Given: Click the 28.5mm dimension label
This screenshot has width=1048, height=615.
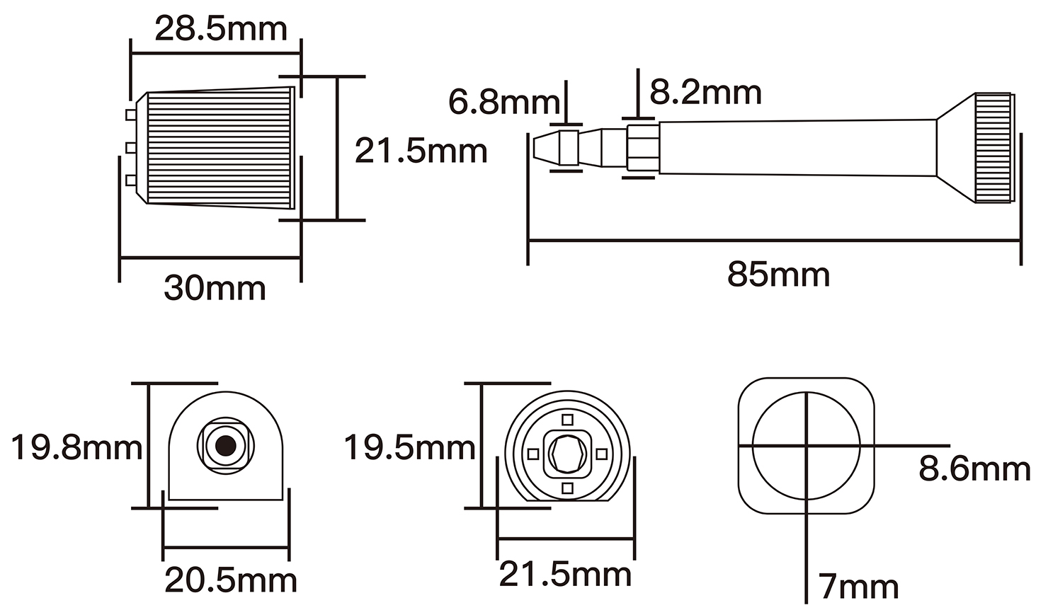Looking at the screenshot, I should (221, 30).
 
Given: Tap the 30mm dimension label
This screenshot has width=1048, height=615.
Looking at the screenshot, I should (215, 288).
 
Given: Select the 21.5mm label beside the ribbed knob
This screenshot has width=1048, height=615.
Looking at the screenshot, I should (421, 151).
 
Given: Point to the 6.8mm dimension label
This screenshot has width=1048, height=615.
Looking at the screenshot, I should (504, 103).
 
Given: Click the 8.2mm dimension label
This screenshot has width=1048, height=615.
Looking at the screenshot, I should (706, 93).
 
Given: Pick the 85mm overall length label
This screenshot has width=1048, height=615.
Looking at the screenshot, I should (778, 275).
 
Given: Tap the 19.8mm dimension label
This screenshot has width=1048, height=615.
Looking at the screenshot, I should (76, 448).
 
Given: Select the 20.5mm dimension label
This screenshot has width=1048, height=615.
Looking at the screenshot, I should (231, 581).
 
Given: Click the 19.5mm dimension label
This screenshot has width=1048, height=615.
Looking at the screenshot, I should (409, 448).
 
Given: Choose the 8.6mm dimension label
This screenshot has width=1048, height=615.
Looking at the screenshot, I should (974, 469).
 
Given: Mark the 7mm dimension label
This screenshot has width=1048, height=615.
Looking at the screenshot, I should (858, 587).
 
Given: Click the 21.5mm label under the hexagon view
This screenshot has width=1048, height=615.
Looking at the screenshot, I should (565, 574).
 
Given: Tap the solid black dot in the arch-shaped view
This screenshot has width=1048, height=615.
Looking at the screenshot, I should (225, 445).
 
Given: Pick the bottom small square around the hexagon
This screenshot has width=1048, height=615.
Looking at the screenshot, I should (566, 488).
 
